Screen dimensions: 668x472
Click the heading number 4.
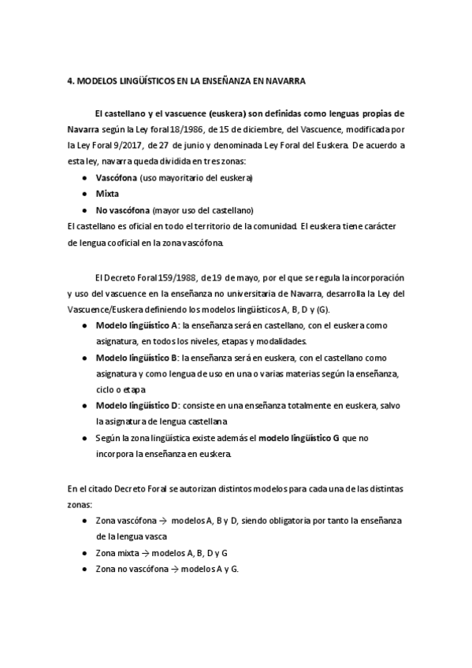(70, 81)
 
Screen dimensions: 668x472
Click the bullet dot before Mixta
(84, 194)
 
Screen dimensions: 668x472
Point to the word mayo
(250, 278)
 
